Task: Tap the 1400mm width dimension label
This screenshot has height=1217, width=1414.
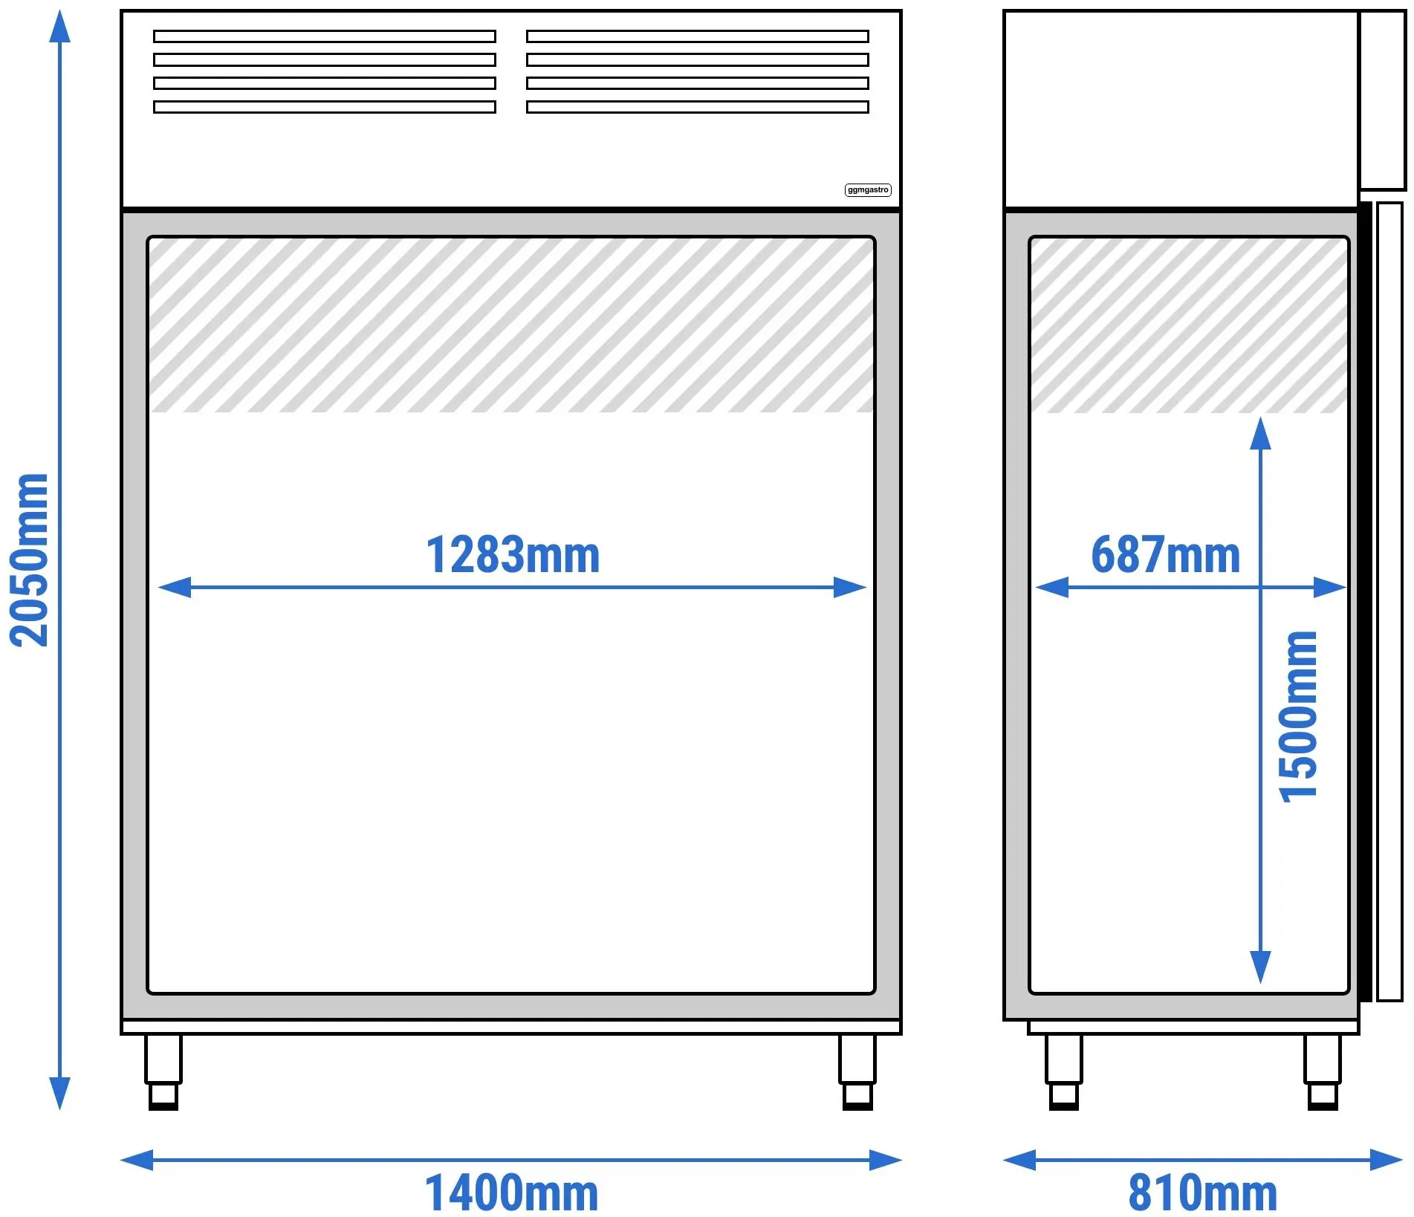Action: point(511,1193)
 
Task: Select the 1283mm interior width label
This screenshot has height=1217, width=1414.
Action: point(513,554)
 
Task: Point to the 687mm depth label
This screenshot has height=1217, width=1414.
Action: point(1166,554)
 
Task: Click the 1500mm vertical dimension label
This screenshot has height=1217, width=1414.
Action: point(1298,717)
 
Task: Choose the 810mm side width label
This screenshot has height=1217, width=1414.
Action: point(1203,1193)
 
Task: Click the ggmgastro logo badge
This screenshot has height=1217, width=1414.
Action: point(868,190)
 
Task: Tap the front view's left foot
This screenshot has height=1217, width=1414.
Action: point(163,1072)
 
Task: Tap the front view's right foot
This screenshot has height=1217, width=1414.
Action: point(857,1072)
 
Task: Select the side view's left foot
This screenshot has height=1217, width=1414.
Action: point(1063,1072)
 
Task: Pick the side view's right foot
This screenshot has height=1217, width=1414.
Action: point(1323,1072)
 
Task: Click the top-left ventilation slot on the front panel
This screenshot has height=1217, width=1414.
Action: point(325,36)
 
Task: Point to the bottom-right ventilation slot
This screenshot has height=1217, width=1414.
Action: point(698,107)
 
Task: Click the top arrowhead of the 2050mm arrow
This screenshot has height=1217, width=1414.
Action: point(59,27)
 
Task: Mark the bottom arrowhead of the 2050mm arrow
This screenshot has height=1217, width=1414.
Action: point(59,1093)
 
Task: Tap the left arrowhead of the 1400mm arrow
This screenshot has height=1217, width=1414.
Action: point(137,1160)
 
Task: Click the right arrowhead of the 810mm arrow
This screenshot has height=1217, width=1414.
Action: point(1387,1160)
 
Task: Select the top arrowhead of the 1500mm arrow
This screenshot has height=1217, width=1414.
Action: point(1260,434)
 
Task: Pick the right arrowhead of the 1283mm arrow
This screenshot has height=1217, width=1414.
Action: point(850,588)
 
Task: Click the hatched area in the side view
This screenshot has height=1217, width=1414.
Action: point(1189,325)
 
